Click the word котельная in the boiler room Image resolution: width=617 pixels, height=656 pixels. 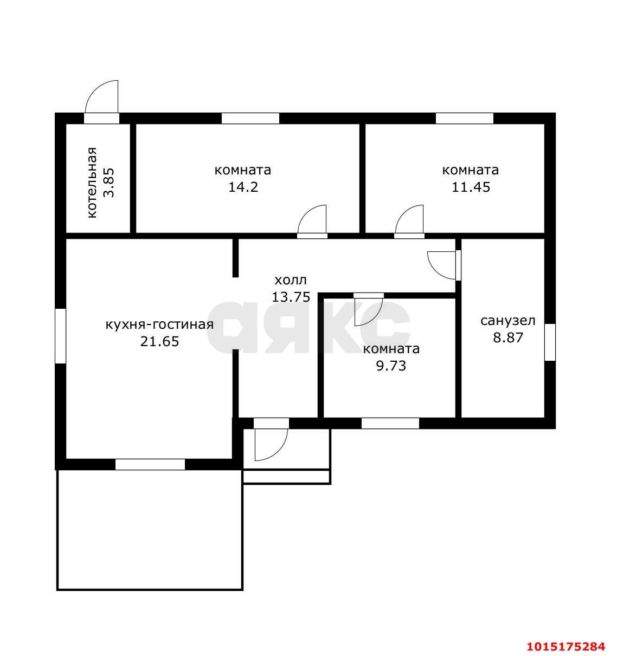click(x=93, y=183)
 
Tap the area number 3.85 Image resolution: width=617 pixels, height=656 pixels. click(x=109, y=183)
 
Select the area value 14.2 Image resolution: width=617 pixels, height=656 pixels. click(x=243, y=187)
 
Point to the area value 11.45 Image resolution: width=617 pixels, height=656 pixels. click(x=471, y=187)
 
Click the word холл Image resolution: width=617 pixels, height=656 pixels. click(x=291, y=280)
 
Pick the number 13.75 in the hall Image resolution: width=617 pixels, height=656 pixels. click(x=291, y=297)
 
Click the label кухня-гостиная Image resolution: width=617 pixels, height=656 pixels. click(x=159, y=324)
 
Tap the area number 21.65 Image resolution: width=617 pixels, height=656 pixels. click(x=160, y=341)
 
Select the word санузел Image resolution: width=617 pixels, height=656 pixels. click(x=508, y=321)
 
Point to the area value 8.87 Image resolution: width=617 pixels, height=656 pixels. click(x=508, y=337)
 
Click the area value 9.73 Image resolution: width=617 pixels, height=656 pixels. click(x=391, y=366)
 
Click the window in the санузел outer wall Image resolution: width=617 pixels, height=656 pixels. click(x=550, y=342)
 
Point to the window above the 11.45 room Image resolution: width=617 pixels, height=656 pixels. click(x=465, y=118)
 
